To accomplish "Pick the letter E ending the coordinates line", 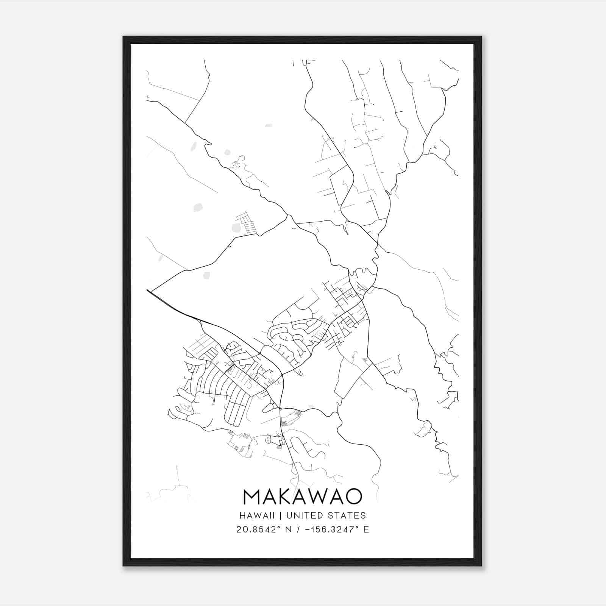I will tap(366, 529).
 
